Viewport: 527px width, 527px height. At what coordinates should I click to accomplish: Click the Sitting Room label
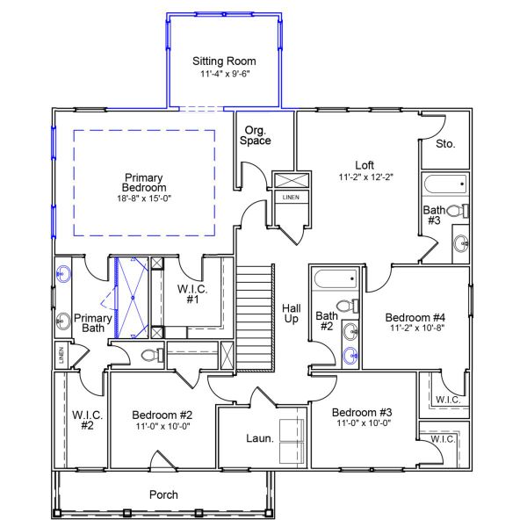point(224,61)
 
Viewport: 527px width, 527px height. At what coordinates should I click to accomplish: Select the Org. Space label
point(257,134)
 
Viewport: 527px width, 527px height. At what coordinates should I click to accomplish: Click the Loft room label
point(364,165)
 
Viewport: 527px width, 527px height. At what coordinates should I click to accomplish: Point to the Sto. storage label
point(444,143)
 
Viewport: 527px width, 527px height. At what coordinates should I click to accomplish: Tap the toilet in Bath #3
point(458,211)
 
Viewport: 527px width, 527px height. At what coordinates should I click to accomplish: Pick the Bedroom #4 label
point(416,317)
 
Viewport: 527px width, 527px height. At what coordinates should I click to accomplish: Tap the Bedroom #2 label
point(162,415)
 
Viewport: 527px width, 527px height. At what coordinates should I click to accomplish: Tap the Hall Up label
point(292,314)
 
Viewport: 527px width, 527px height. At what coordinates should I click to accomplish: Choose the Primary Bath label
point(92,323)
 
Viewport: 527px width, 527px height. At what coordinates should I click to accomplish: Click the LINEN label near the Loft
point(290,198)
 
